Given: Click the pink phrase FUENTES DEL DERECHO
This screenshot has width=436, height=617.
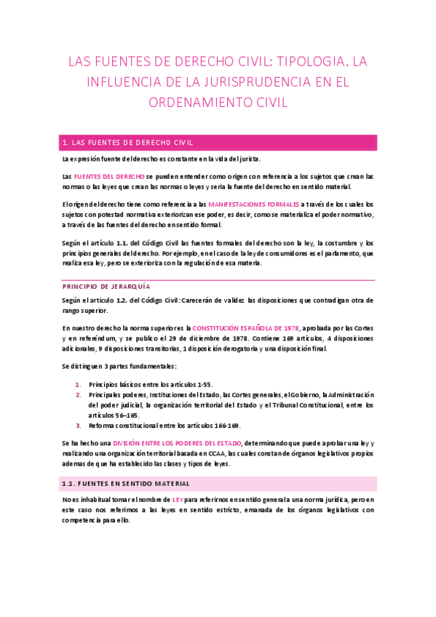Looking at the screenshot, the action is (x=109, y=177).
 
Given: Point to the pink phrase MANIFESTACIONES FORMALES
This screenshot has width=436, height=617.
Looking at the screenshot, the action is (x=248, y=204).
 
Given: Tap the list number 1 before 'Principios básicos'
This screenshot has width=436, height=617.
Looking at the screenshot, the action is (x=78, y=383).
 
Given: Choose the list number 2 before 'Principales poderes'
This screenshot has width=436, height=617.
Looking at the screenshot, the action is (x=78, y=394).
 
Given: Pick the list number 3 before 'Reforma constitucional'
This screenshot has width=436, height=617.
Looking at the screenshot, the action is (x=78, y=426).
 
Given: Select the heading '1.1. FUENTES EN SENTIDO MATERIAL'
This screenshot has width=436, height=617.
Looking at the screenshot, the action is (x=126, y=483).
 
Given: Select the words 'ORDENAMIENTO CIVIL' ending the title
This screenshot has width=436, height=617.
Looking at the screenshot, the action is (x=218, y=103).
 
